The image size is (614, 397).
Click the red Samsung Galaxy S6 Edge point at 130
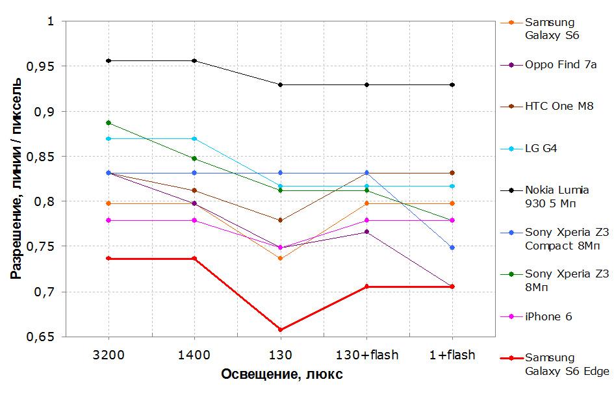pos(281,329)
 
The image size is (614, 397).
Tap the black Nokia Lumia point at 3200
pos(109,60)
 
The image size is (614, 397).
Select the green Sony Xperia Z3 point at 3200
pos(109,123)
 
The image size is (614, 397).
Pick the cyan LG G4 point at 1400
pos(194,138)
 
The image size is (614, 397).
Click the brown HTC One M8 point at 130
pos(281,220)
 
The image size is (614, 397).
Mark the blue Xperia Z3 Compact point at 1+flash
pos(452,248)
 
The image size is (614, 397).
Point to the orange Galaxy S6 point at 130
pos(281,259)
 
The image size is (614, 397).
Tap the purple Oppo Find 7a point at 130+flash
pos(366,232)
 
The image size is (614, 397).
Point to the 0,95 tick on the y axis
pos(39,66)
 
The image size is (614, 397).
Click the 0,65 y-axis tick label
pos(39,337)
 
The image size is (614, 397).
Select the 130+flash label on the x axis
pos(367,355)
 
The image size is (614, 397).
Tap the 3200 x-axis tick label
pos(109,355)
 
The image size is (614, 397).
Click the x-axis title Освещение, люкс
pos(282,374)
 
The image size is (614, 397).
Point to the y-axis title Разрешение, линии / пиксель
pos(16,179)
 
